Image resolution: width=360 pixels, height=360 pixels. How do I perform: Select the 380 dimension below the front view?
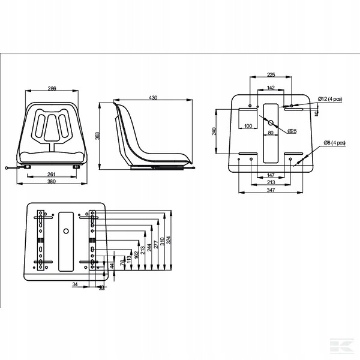[x=52, y=182]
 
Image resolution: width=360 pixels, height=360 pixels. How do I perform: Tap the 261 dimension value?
[x=52, y=174]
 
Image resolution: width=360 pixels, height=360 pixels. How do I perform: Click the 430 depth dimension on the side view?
[x=153, y=97]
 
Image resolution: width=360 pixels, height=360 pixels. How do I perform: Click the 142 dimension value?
[x=271, y=88]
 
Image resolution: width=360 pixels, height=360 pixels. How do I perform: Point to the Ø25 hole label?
[x=292, y=131]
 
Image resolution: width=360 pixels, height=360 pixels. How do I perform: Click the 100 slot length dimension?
[x=248, y=126]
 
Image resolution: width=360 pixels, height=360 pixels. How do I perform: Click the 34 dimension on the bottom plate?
[x=75, y=286]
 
